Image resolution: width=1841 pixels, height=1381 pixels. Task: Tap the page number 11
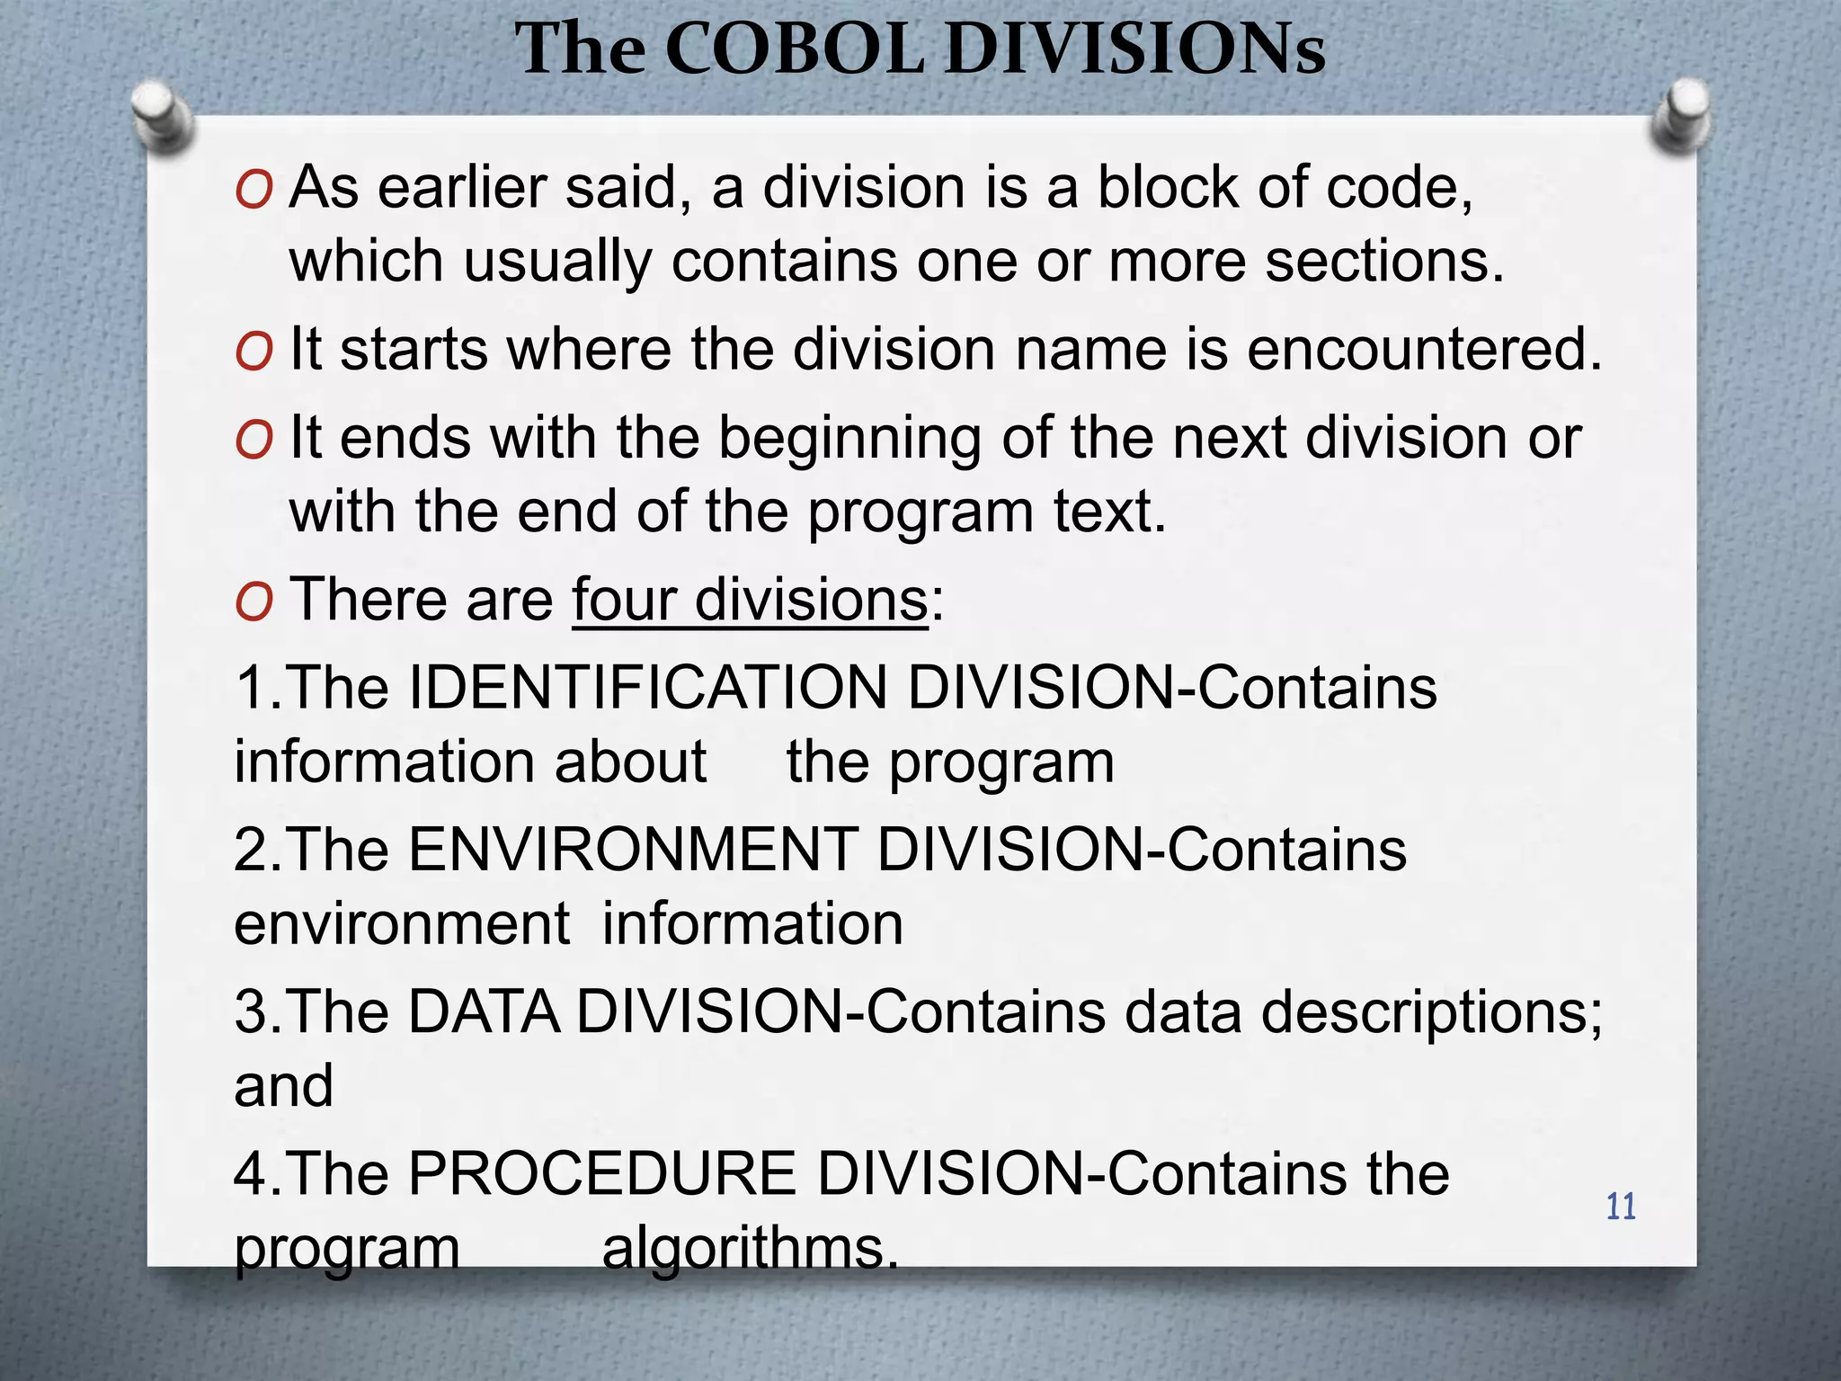[1621, 1207]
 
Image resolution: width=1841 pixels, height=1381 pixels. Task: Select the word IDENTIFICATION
[647, 689]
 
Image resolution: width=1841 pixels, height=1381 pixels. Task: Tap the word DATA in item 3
[485, 1012]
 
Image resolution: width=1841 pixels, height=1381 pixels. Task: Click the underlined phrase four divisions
[749, 600]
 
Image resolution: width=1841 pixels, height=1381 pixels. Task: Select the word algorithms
[750, 1248]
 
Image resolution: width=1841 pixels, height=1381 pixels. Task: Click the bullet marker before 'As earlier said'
[253, 191]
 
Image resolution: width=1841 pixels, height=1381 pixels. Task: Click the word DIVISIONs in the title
[1134, 49]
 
